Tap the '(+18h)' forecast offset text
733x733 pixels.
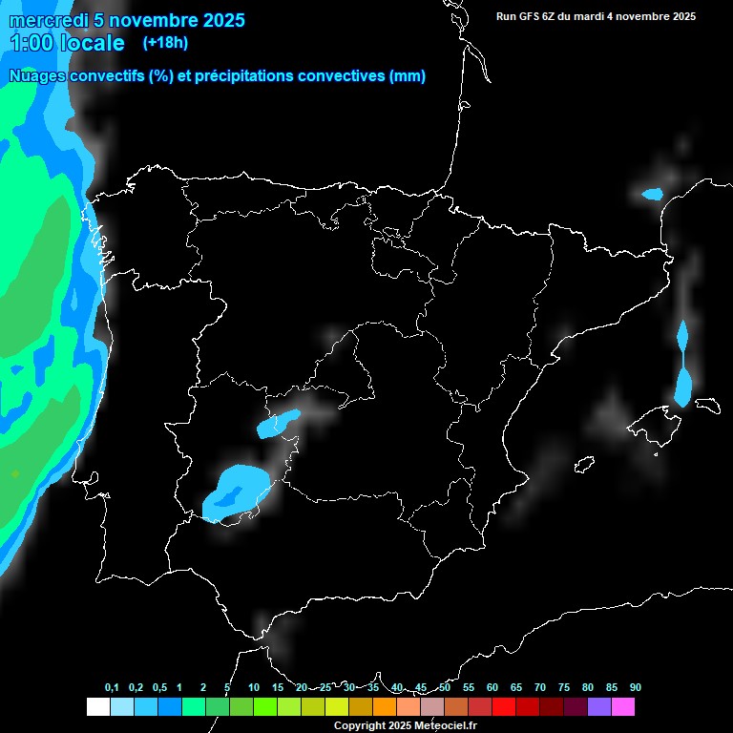[165, 42]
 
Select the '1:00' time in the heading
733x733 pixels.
[30, 43]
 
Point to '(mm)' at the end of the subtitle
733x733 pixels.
[408, 76]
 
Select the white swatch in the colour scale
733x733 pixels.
[97, 707]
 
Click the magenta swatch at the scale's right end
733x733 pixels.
[623, 707]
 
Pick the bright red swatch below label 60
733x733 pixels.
[504, 707]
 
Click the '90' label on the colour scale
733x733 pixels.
[636, 688]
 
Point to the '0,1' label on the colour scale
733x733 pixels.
[112, 688]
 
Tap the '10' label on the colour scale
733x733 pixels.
[254, 688]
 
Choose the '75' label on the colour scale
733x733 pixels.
[564, 688]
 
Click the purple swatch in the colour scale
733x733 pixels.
[599, 707]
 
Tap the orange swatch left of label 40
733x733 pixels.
[385, 707]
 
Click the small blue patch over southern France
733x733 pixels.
[653, 194]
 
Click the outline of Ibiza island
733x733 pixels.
[584, 464]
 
